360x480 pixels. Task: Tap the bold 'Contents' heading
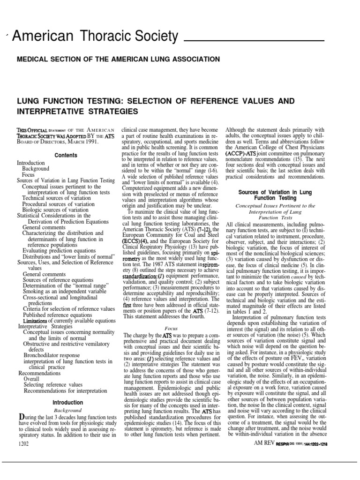pyautogui.click(x=66, y=155)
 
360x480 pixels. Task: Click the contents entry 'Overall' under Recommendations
pyautogui.click(x=31, y=379)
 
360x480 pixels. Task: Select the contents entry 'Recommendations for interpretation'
pyautogui.click(x=65, y=390)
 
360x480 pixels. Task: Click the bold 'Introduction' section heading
pyautogui.click(x=67, y=403)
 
